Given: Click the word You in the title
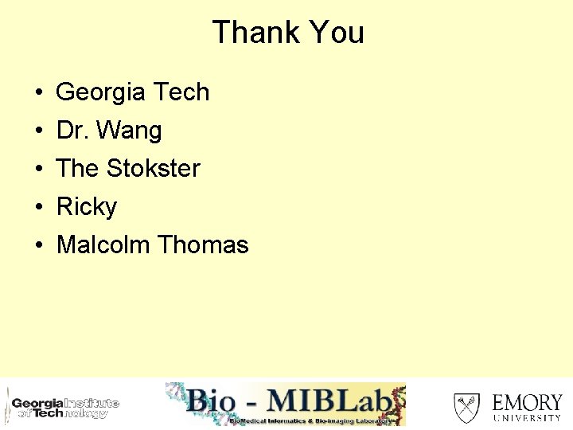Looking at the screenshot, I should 336,33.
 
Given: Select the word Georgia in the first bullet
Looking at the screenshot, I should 101,92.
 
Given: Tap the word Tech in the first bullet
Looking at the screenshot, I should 181,92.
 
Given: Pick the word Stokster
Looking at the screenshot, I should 153,169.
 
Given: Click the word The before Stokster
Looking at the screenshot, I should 77,169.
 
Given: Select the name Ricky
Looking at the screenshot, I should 87,207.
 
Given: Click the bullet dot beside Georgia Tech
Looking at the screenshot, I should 39,93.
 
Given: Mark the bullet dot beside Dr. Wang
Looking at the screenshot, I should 39,131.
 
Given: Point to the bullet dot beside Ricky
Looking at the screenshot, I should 39,208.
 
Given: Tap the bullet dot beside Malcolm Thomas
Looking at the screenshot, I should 39,245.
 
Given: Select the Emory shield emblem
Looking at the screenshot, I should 466,407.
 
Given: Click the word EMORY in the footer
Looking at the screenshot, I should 527,401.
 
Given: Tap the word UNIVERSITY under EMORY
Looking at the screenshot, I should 527,417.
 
